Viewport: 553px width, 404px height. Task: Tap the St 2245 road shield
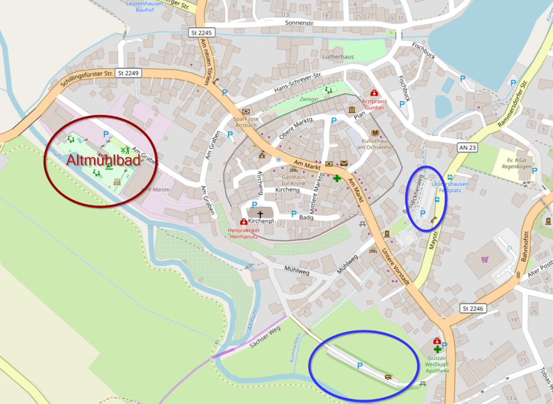pyautogui.click(x=201, y=33)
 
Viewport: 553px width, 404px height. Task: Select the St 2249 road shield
pyautogui.click(x=129, y=72)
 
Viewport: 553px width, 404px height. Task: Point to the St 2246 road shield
pyautogui.click(x=472, y=308)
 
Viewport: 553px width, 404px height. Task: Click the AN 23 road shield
pyautogui.click(x=468, y=148)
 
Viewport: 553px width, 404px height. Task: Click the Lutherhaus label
pyautogui.click(x=338, y=57)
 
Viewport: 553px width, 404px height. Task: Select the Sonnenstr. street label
pyautogui.click(x=299, y=23)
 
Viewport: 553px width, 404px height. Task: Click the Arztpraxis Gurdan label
pyautogui.click(x=373, y=104)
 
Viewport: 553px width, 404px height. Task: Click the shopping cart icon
pyautogui.click(x=485, y=259)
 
